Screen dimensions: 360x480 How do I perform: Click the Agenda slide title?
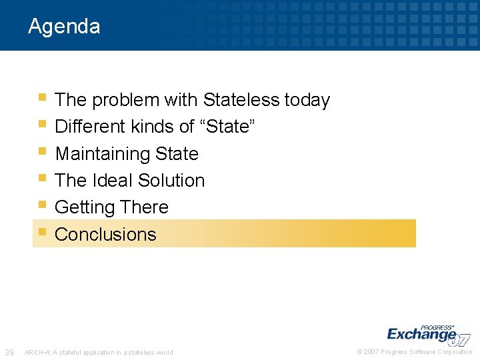tap(64, 27)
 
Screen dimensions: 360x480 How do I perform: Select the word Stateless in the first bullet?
tap(241, 100)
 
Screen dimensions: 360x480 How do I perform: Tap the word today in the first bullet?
tap(307, 100)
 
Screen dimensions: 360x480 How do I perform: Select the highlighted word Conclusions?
tap(105, 235)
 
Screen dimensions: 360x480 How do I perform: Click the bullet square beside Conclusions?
tap(42, 233)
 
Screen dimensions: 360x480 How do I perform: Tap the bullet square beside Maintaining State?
tap(42, 152)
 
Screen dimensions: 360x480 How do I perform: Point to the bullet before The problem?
tap(42, 98)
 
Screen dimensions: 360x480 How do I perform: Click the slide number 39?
tap(10, 352)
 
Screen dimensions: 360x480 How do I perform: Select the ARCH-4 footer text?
tap(99, 353)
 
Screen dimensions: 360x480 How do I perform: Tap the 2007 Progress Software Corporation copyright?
tap(415, 352)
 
